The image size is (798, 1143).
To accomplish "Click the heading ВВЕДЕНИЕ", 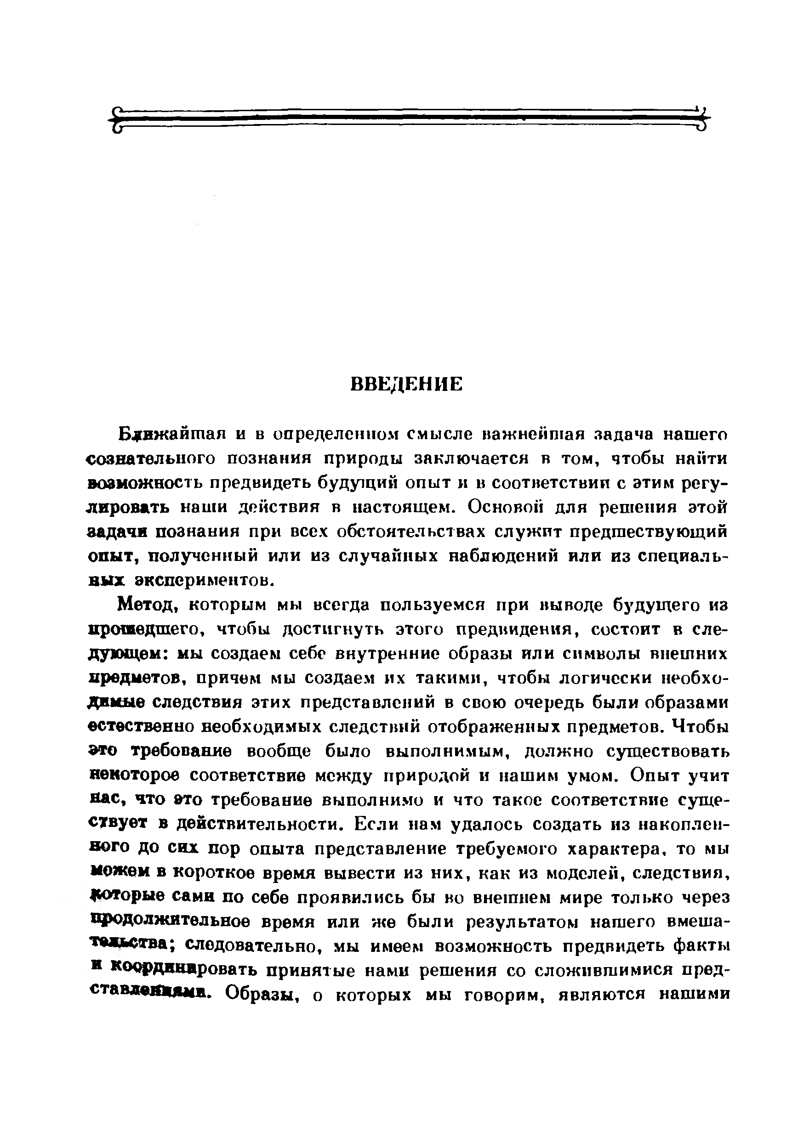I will [406, 385].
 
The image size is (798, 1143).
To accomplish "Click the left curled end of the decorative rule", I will [115, 119].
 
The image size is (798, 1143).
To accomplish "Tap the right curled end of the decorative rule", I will [702, 119].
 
